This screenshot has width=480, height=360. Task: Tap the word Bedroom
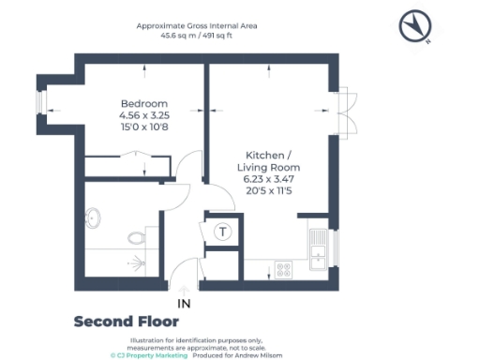143,103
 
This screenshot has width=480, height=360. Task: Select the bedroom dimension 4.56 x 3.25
143,115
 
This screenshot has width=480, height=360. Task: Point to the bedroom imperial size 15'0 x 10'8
143,127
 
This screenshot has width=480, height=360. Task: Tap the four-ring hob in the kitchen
282,269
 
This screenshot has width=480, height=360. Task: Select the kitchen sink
319,249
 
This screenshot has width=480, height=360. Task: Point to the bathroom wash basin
92,218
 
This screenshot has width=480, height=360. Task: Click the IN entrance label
185,303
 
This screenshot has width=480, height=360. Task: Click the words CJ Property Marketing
150,355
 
